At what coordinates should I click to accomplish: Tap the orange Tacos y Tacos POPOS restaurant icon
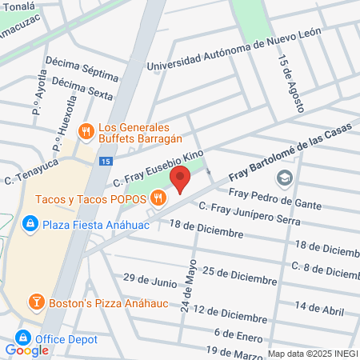(x=159, y=198)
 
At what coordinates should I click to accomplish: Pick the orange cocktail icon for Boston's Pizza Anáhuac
(x=36, y=302)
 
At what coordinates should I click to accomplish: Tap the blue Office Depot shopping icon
(x=23, y=338)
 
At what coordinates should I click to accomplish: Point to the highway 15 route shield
(x=106, y=161)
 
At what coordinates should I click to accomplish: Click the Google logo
(x=26, y=350)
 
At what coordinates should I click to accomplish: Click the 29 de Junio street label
(x=150, y=280)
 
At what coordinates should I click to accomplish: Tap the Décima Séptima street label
(x=82, y=71)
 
